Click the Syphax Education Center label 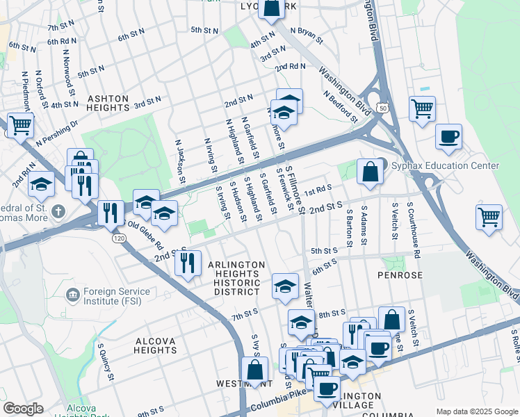[444, 165]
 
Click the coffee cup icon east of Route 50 [448, 136]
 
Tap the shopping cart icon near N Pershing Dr [20, 125]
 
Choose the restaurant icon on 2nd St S [188, 263]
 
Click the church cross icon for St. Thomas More [58, 210]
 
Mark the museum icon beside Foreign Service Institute [72, 295]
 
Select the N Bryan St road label [307, 35]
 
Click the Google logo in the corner [23, 409]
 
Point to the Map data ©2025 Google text [476, 411]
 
